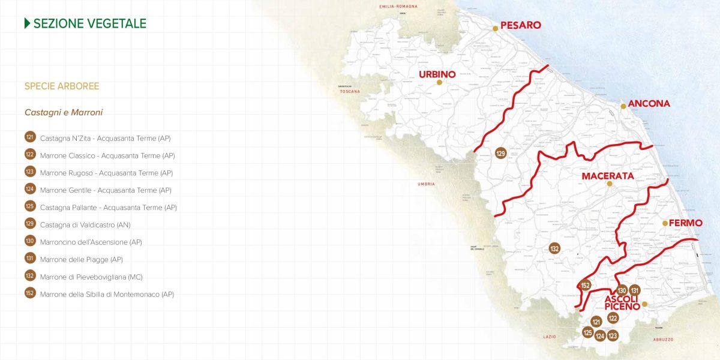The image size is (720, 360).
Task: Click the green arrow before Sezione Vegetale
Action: coord(27,23)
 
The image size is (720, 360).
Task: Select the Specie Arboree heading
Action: coord(62,86)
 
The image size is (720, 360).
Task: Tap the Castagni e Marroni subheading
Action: coord(64,112)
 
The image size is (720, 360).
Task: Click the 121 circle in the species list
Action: coord(30,137)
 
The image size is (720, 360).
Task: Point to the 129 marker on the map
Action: coord(501,154)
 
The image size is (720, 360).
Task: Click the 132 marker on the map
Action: coord(554,248)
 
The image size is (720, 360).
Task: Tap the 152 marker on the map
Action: coord(586,286)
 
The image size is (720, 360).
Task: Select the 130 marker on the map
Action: coord(622,290)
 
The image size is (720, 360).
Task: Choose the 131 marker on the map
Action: coord(635,290)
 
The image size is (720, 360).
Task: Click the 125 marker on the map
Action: coord(588,332)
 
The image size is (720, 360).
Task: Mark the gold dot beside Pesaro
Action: coord(496,28)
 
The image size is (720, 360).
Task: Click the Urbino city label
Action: coord(437,74)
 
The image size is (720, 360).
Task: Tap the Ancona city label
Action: coord(649,103)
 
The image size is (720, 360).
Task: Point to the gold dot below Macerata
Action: coord(609,184)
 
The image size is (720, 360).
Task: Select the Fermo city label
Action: coord(685,223)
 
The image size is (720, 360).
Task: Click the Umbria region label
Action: coord(427,184)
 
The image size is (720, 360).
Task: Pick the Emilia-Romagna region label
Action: coord(398,6)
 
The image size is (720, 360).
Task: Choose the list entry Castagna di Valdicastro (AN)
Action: coord(85,224)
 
